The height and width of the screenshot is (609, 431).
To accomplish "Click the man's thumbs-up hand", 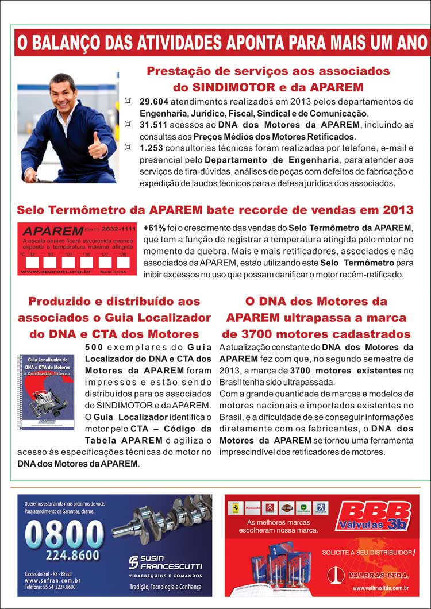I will point(96,147).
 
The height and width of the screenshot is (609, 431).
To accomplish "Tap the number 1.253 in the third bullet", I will point(150,148).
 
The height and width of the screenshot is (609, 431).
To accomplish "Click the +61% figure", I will point(155,228).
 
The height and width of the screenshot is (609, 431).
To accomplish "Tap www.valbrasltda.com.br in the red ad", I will point(380,588).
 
